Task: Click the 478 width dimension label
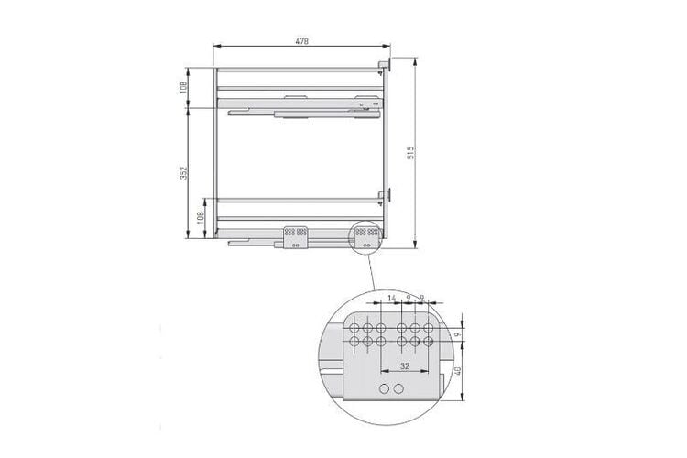tap(301, 41)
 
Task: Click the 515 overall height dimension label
tap(411, 153)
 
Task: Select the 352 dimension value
tap(184, 173)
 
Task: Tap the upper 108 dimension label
tap(184, 87)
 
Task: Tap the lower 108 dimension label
tap(201, 218)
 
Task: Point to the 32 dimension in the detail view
tap(405, 366)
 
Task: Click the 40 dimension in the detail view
tap(458, 371)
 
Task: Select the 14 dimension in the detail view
tap(392, 298)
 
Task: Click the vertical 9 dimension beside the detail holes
tap(457, 334)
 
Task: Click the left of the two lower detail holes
tap(384, 388)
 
